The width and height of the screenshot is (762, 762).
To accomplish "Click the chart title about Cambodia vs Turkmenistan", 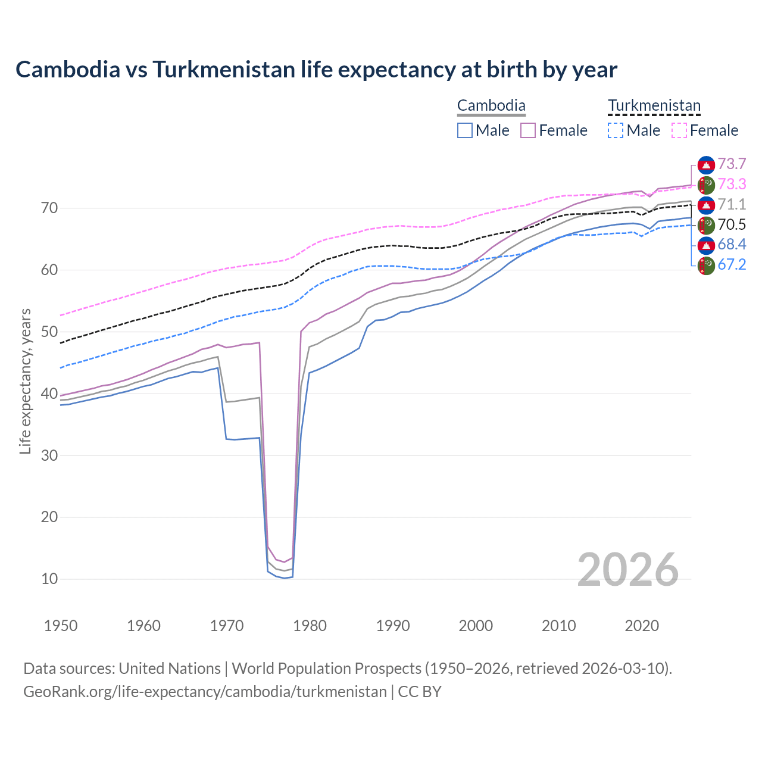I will pyautogui.click(x=316, y=70).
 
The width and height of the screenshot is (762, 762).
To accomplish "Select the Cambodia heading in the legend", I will pyautogui.click(x=491, y=106).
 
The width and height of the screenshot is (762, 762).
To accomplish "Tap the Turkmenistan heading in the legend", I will pyautogui.click(x=654, y=106).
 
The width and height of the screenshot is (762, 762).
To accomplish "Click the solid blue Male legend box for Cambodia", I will pyautogui.click(x=465, y=130).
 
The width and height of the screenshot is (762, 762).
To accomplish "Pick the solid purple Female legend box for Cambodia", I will pyautogui.click(x=528, y=130).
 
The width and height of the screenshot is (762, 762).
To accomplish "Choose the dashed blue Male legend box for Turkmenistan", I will pyautogui.click(x=616, y=130).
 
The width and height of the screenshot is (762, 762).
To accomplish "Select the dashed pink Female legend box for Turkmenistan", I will pyautogui.click(x=679, y=130).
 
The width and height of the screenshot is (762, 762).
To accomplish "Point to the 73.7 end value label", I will pyautogui.click(x=732, y=164).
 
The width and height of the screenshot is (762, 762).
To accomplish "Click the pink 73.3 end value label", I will pyautogui.click(x=732, y=184).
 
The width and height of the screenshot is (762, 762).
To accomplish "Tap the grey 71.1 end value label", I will pyautogui.click(x=732, y=204).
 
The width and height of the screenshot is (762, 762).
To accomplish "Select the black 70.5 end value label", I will pyautogui.click(x=732, y=224).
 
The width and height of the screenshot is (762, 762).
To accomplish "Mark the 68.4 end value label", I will pyautogui.click(x=732, y=244).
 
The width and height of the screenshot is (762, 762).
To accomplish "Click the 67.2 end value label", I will pyautogui.click(x=732, y=264).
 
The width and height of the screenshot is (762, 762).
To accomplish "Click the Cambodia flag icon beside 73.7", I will pyautogui.click(x=706, y=165).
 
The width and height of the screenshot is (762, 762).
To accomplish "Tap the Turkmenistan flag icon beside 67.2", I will pyautogui.click(x=706, y=266).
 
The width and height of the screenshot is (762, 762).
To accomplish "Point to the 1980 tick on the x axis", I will pyautogui.click(x=310, y=626).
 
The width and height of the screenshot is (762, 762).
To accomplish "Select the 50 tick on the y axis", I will pyautogui.click(x=49, y=332).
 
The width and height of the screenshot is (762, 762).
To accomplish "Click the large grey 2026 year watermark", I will pyautogui.click(x=627, y=570).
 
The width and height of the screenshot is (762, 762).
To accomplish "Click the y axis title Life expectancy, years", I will pyautogui.click(x=25, y=381).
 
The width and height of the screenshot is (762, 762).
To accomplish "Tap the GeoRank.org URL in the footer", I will pyautogui.click(x=205, y=692).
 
